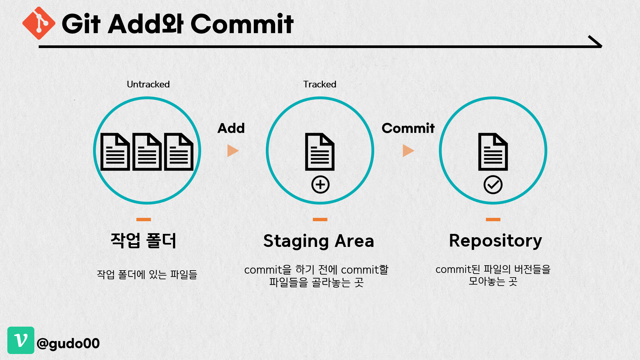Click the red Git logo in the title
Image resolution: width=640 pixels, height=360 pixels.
pos(39,23)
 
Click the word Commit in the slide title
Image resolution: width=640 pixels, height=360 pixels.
pos(242,24)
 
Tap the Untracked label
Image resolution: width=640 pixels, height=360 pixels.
pos(148,84)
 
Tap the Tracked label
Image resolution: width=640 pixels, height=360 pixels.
pos(319,84)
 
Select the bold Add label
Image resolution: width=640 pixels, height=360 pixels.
pos(231,128)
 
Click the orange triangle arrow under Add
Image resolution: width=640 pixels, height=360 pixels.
pos(232,151)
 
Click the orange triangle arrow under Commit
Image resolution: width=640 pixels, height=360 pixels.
pos(408,151)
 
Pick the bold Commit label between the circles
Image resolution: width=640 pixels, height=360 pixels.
pos(408,128)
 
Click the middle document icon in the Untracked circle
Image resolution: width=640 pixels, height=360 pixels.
pos(147,152)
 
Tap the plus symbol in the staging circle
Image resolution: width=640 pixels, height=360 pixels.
pos(320,185)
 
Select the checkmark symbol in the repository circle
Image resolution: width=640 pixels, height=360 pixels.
pos(493,185)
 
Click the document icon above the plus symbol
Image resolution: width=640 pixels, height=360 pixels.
pos(320,152)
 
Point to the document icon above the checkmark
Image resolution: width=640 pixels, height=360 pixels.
pos(493,152)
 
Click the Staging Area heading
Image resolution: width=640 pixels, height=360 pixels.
pos(318,241)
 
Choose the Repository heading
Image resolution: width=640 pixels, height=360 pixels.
pos(495,241)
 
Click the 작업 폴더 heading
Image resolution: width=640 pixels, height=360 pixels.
pos(143,241)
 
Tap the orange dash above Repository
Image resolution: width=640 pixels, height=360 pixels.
pos(493,220)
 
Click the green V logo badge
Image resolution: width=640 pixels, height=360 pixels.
pos(21,340)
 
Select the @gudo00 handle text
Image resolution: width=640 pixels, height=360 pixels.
pos(68,343)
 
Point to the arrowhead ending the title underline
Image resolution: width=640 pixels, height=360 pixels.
pos(596,42)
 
